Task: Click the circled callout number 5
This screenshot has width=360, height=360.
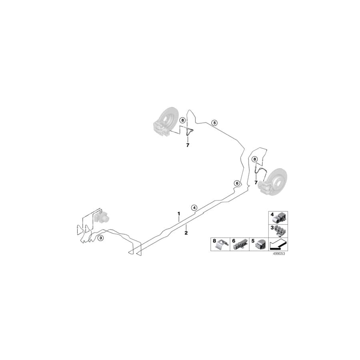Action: click(x=214, y=123)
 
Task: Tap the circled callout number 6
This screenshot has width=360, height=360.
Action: click(x=237, y=183)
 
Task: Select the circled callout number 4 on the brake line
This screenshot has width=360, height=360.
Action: click(x=194, y=208)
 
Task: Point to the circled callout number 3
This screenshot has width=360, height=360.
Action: click(x=100, y=238)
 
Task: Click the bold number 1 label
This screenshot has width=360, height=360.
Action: click(x=179, y=214)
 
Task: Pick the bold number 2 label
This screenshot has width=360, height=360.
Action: click(x=186, y=233)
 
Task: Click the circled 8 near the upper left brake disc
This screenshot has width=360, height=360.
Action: click(x=183, y=120)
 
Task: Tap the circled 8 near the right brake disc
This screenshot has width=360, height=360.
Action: click(x=254, y=159)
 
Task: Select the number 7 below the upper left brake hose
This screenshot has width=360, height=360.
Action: click(x=188, y=145)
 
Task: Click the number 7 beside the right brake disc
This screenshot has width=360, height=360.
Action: click(x=256, y=183)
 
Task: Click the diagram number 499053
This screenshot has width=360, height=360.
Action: click(x=279, y=254)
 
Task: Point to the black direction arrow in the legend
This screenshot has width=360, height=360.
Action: click(x=278, y=244)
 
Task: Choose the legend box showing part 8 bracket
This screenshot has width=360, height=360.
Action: click(x=220, y=244)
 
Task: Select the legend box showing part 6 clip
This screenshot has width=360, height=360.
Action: click(x=240, y=244)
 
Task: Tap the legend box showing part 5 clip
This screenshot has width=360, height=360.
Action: click(x=259, y=244)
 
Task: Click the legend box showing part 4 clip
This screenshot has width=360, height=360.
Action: click(x=278, y=218)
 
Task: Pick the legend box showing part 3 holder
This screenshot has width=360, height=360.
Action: click(x=278, y=231)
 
